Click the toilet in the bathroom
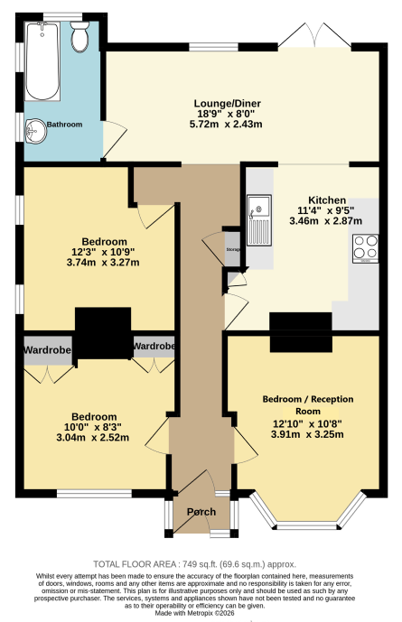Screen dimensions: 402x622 [79, 37]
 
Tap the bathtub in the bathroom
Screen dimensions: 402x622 [42, 61]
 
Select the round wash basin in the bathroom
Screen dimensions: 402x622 [36, 131]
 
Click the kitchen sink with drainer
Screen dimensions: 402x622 [259, 220]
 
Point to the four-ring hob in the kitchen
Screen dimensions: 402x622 [366, 249]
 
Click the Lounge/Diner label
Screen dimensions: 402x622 [228, 104]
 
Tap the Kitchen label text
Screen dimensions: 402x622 [327, 200]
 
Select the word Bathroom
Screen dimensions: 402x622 [65, 125]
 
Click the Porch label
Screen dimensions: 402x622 [201, 512]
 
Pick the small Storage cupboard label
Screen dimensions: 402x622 [233, 249]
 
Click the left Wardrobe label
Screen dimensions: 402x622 [47, 350]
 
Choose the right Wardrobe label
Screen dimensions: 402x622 [154, 347]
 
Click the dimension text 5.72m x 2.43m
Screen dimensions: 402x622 [226, 125]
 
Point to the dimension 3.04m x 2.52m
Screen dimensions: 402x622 [93, 438]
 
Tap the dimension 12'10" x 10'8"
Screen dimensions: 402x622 [307, 423]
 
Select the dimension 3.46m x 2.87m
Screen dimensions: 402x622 [326, 221]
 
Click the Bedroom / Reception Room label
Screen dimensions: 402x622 [308, 404]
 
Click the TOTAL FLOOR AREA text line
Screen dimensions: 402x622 [195, 564]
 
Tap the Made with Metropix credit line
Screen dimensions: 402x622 [194, 613]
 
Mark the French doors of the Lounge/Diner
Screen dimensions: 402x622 [314, 36]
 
